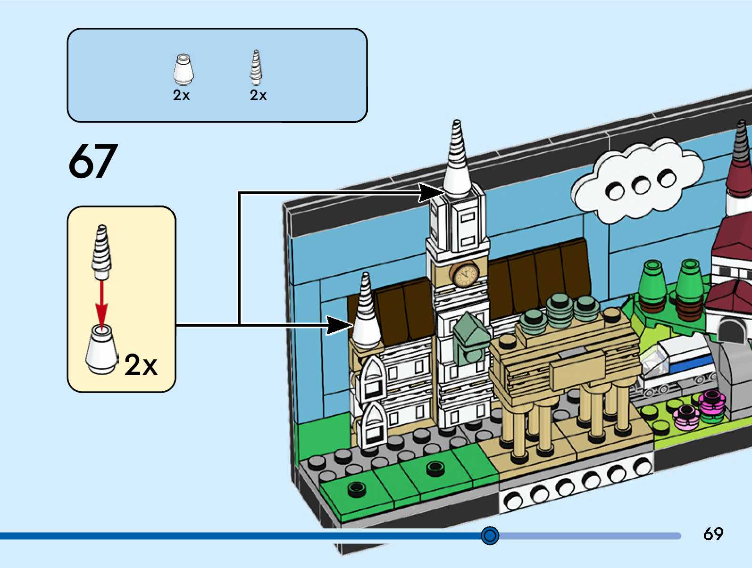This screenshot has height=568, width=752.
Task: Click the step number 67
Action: pyautogui.click(x=93, y=161)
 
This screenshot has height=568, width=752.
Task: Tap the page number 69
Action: pyautogui.click(x=713, y=534)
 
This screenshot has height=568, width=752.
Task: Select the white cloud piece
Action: pyautogui.click(x=637, y=181)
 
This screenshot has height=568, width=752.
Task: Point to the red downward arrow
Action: pyautogui.click(x=101, y=302)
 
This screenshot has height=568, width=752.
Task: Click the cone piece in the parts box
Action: pyautogui.click(x=183, y=70)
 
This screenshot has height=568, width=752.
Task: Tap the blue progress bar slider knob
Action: pyautogui.click(x=490, y=535)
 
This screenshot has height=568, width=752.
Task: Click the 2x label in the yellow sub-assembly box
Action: pyautogui.click(x=141, y=365)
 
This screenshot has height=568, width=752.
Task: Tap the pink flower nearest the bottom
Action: pyautogui.click(x=686, y=418)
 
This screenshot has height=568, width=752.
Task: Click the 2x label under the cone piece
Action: pyautogui.click(x=181, y=95)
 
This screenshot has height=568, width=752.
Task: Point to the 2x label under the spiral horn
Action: pyautogui.click(x=258, y=95)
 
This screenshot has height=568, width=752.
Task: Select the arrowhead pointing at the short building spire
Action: pyautogui.click(x=340, y=325)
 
